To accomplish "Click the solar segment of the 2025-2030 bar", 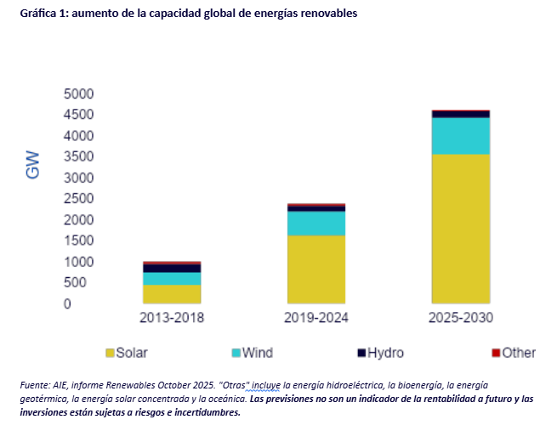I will pyautogui.click(x=461, y=227).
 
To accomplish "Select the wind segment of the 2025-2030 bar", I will pyautogui.click(x=461, y=135).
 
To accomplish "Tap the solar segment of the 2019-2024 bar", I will pyautogui.click(x=316, y=268).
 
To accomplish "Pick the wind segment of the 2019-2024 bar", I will pyautogui.click(x=316, y=223).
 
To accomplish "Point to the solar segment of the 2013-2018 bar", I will pyautogui.click(x=172, y=293).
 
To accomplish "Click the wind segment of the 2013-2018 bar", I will pyautogui.click(x=172, y=278).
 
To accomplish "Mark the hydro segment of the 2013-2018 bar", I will pyautogui.click(x=172, y=268).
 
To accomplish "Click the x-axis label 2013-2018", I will pyautogui.click(x=172, y=320).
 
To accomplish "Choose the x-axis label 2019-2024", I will pyautogui.click(x=316, y=320).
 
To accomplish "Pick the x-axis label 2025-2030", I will pyautogui.click(x=461, y=320).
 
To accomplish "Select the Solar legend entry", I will pyautogui.click(x=127, y=353).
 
